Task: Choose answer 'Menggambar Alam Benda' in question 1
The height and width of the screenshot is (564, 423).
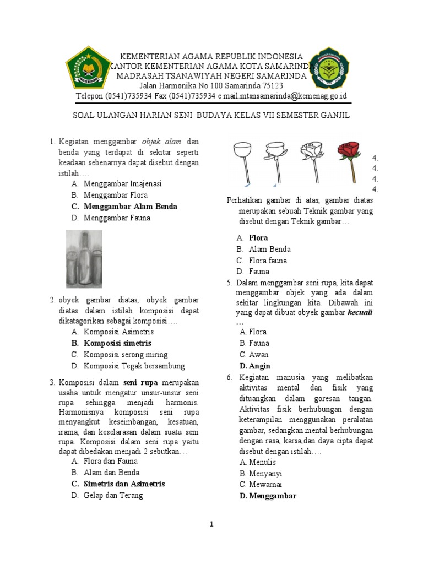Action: (x=130, y=207)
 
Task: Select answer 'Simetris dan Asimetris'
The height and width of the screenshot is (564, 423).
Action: (x=124, y=484)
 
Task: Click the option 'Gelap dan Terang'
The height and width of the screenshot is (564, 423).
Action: (x=113, y=495)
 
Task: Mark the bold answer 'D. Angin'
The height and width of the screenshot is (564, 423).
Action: (x=255, y=366)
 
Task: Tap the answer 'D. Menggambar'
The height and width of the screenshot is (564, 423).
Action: (x=268, y=496)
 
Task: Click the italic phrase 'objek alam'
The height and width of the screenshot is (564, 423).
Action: (x=166, y=140)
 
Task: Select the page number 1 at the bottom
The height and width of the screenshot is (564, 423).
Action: (x=211, y=524)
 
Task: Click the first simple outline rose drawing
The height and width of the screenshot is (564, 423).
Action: (x=242, y=160)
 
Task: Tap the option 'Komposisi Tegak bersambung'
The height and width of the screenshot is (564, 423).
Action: (x=134, y=366)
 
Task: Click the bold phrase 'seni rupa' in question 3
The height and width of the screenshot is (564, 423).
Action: (x=140, y=382)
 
